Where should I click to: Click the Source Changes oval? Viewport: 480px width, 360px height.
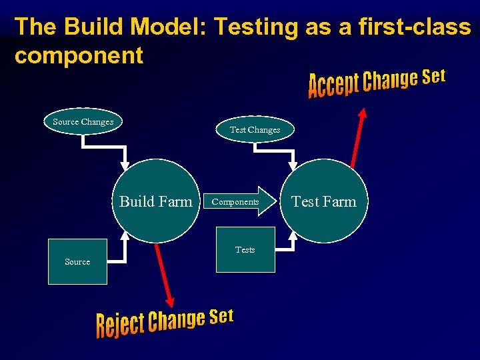coord(83,122)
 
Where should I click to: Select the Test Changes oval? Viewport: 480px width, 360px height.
coord(255,130)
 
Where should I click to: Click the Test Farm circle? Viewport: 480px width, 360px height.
coord(324,201)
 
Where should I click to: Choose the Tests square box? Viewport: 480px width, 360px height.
coord(245,250)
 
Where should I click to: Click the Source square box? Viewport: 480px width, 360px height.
coord(77,261)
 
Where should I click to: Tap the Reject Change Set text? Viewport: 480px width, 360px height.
coord(165,322)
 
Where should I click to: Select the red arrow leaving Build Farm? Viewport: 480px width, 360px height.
coord(163,273)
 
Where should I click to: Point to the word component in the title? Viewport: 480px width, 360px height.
coord(79,56)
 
